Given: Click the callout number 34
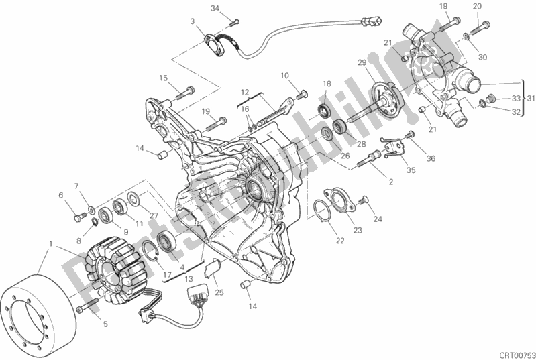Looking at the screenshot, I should tap(215, 8).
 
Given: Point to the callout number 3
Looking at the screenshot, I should tap(193, 22).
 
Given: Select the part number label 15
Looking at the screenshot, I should tap(163, 78).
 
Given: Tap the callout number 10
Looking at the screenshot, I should tap(284, 75).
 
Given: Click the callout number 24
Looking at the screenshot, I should tap(378, 219).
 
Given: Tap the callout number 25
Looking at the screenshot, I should tap(219, 292).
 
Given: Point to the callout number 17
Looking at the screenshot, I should tap(166, 272).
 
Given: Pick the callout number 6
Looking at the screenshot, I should tap(60, 196).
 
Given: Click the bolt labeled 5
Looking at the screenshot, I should tap(85, 308).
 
